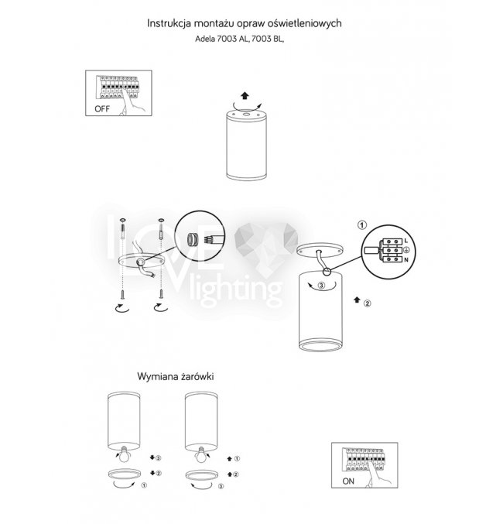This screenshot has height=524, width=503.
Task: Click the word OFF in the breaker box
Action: click(102, 109)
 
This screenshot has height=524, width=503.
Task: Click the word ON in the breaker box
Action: click(348, 481)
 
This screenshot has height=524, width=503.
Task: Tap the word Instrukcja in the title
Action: click(169, 23)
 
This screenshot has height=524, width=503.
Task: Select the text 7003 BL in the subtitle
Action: click(266, 39)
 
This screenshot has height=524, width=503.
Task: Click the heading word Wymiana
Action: click(157, 377)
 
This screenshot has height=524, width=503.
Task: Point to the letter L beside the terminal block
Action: click(406, 241)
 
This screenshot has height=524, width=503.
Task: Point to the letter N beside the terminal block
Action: click(406, 259)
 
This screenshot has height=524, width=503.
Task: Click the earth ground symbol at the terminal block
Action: click(406, 250)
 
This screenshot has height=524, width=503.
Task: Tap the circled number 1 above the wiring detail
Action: click(362, 225)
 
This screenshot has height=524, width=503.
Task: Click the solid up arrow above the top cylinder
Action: click(245, 95)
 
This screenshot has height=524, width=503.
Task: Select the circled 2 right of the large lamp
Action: click(367, 303)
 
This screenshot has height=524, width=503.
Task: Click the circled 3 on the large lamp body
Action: click(321, 286)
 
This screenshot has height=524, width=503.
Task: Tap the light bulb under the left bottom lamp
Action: click(125, 454)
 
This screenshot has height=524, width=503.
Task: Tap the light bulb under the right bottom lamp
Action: click(201, 454)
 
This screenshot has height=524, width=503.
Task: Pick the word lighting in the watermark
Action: click(236, 289)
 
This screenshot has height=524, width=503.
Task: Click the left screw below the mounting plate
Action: click(123, 295)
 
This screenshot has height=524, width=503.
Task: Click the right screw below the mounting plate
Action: click(162, 294)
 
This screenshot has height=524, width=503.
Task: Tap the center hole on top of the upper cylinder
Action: click(246, 115)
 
